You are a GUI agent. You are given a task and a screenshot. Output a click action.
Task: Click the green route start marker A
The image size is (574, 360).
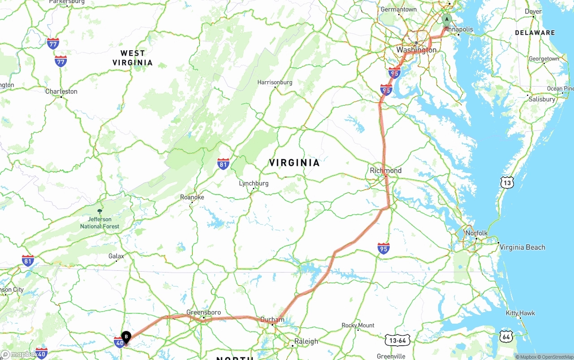coord(446,20)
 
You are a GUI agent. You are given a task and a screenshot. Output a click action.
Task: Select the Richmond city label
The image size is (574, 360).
coord(386,170)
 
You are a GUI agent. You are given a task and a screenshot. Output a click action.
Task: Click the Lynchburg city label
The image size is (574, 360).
coord(253,183)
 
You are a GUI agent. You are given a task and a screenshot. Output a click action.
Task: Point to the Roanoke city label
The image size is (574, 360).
coord(192,197)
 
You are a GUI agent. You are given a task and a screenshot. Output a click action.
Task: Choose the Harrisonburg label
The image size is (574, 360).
coord(274,82)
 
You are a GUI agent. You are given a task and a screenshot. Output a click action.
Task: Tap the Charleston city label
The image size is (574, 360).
coord(61,91)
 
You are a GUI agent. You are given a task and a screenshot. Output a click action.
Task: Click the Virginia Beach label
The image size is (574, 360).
coord(522,247)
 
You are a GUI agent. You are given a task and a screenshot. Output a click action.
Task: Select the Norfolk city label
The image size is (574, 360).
coord(476,233)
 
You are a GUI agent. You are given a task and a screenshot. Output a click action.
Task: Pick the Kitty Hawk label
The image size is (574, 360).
coord(520,313)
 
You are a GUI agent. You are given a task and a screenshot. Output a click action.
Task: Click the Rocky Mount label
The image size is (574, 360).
coord(358,325)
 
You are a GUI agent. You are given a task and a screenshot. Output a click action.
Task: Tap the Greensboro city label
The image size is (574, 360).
coord(204,312)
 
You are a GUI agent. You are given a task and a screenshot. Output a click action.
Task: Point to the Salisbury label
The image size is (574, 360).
coord(542,99)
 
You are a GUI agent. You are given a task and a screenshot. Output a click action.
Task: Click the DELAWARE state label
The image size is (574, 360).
coord(535,33)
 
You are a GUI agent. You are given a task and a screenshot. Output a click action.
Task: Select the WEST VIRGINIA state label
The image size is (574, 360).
coord(132,58)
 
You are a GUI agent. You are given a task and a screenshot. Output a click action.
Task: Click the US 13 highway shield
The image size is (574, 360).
coord(507,182)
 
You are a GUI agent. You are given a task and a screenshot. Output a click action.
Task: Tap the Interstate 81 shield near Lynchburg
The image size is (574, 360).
coord(223,164)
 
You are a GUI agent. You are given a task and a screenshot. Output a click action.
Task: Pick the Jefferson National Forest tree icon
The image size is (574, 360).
coord(100,211)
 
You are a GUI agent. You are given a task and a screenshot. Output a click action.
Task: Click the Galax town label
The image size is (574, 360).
coord(116,256)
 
